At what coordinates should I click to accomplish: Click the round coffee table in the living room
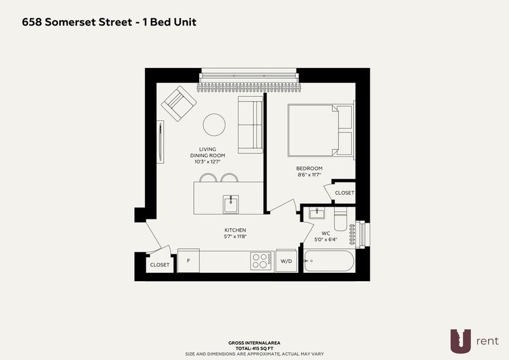(214, 125)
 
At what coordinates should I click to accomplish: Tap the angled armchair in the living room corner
(179, 104)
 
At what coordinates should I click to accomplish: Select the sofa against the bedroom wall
(250, 125)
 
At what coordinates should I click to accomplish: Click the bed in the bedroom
(321, 130)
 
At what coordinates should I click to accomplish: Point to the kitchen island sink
(231, 204)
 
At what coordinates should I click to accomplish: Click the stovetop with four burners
(261, 261)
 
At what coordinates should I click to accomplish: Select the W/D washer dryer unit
(286, 261)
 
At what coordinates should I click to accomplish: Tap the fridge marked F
(188, 261)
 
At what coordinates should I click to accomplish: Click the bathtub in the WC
(328, 261)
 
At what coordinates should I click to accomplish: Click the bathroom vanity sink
(316, 213)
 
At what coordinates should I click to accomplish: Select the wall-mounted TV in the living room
(160, 142)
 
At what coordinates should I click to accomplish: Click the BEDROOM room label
(309, 169)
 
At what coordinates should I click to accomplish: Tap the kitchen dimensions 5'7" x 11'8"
(235, 237)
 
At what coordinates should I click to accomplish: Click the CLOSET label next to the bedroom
(344, 193)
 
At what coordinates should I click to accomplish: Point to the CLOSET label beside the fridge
(160, 265)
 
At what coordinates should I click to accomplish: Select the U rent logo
(474, 341)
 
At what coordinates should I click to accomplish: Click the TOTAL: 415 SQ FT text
(254, 349)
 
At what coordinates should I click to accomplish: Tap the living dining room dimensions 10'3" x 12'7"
(207, 162)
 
